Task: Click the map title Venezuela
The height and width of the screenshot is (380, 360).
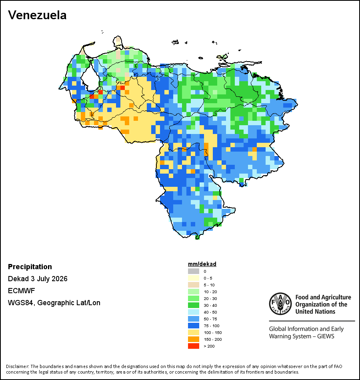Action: (x=37, y=15)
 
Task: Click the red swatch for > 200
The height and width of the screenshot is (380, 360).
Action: (x=194, y=346)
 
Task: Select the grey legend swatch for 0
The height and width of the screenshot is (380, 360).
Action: (x=194, y=271)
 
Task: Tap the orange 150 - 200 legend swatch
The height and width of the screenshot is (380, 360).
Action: (x=194, y=339)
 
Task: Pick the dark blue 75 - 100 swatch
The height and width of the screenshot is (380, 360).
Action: (x=194, y=326)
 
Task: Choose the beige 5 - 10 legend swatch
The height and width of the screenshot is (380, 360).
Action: (x=194, y=285)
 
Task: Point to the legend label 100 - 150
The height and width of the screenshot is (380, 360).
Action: (x=213, y=332)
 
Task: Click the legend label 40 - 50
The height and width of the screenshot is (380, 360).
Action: (x=210, y=312)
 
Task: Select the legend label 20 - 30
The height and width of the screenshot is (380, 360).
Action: (x=210, y=298)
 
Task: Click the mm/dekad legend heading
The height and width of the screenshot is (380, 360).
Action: (x=202, y=264)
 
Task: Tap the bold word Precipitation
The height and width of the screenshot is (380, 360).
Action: (x=30, y=266)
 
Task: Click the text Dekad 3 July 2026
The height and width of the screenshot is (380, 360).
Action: (x=38, y=279)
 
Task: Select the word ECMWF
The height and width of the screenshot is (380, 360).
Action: (x=21, y=290)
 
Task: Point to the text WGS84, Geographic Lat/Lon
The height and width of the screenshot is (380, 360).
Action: (x=54, y=303)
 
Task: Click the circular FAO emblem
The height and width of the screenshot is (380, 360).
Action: (x=280, y=304)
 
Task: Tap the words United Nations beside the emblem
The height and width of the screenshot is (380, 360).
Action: (x=315, y=312)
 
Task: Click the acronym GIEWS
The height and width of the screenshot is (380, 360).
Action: (x=326, y=336)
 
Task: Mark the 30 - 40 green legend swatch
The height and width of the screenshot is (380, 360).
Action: (x=194, y=305)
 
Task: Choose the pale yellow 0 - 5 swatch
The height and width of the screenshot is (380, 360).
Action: (x=194, y=278)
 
